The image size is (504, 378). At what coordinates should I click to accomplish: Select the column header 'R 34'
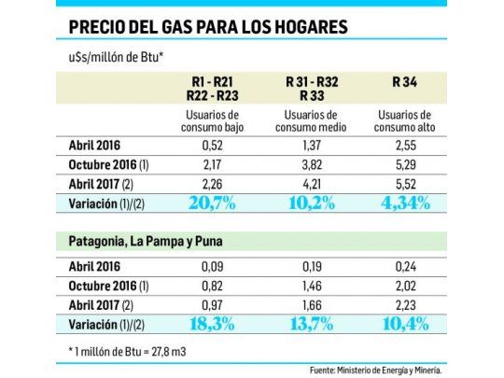pos(406,82)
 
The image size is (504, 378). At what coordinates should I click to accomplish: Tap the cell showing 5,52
pos(406,182)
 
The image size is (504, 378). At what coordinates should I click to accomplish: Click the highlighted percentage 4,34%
pos(406,202)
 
